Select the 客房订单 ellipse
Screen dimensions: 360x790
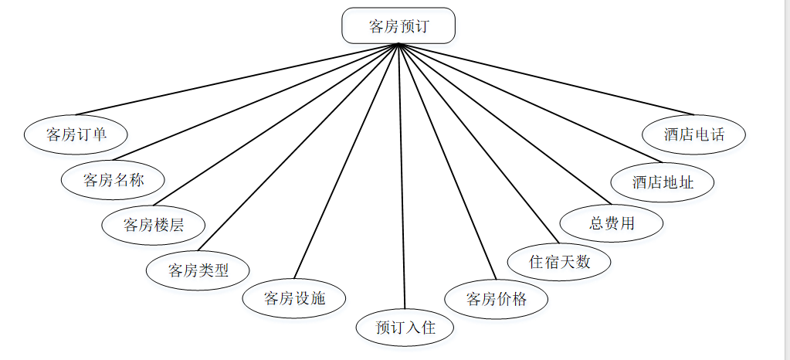[76, 134]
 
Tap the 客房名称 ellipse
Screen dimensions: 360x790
[114, 180]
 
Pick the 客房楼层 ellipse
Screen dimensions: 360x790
[154, 225]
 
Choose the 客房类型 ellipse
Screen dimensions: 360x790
[198, 270]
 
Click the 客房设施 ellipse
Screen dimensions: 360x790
[294, 298]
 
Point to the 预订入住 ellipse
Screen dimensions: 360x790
[405, 327]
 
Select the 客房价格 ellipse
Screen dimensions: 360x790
[497, 299]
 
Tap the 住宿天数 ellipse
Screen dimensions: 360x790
[559, 261]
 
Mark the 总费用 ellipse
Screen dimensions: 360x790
[612, 223]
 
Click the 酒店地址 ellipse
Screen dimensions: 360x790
[663, 182]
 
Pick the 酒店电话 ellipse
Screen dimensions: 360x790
[694, 134]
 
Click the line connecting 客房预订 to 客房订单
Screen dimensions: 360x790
[237, 80]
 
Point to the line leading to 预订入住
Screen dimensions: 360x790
[402, 178]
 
